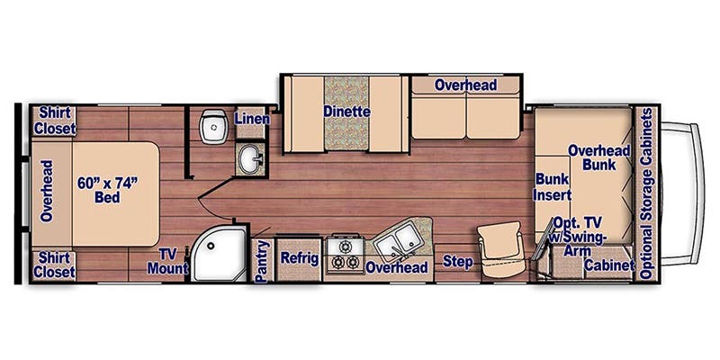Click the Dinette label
coord(346,112)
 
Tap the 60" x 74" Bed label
coord(107,190)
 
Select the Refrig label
coord(299,258)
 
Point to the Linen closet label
coord(249,119)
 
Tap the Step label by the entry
coord(458,261)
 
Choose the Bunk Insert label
coord(553,186)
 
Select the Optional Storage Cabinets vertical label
coord(645,193)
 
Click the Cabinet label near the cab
coord(607,266)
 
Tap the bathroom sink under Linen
coord(249,161)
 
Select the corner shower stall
coord(216,253)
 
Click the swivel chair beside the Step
coord(499,247)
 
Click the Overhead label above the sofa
coord(465,85)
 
